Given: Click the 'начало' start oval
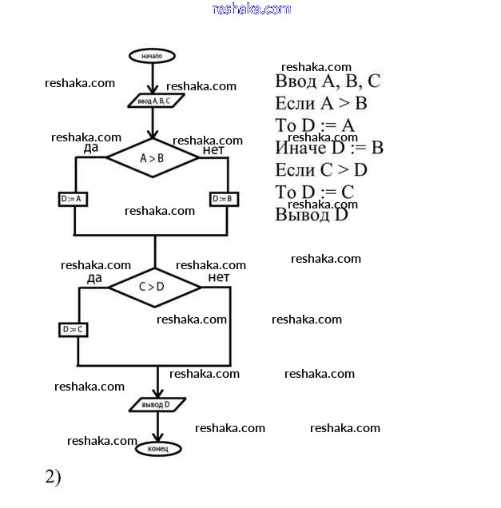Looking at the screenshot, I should click(x=152, y=57).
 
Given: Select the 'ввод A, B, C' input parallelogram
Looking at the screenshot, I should click(x=156, y=101).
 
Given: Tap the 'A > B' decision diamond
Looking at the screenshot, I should click(x=152, y=158).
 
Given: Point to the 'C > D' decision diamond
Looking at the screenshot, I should click(x=153, y=287).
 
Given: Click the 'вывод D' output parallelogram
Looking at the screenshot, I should click(x=157, y=405).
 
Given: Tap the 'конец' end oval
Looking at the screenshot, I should click(x=158, y=449).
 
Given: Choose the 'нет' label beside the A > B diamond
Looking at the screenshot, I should click(x=213, y=149).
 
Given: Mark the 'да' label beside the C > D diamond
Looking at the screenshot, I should click(x=94, y=277).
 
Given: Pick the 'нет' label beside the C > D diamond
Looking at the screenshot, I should click(x=218, y=277).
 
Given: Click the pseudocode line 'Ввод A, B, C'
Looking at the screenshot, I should click(x=328, y=81).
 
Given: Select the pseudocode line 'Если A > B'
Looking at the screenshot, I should click(x=320, y=104).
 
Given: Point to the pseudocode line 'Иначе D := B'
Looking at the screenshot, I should click(x=329, y=148).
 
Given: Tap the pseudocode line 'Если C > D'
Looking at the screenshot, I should click(x=320, y=169).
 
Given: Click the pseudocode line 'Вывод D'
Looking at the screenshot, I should click(x=312, y=214).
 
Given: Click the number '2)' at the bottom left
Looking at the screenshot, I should click(x=53, y=477).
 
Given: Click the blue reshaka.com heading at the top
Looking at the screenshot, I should click(x=251, y=9).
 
